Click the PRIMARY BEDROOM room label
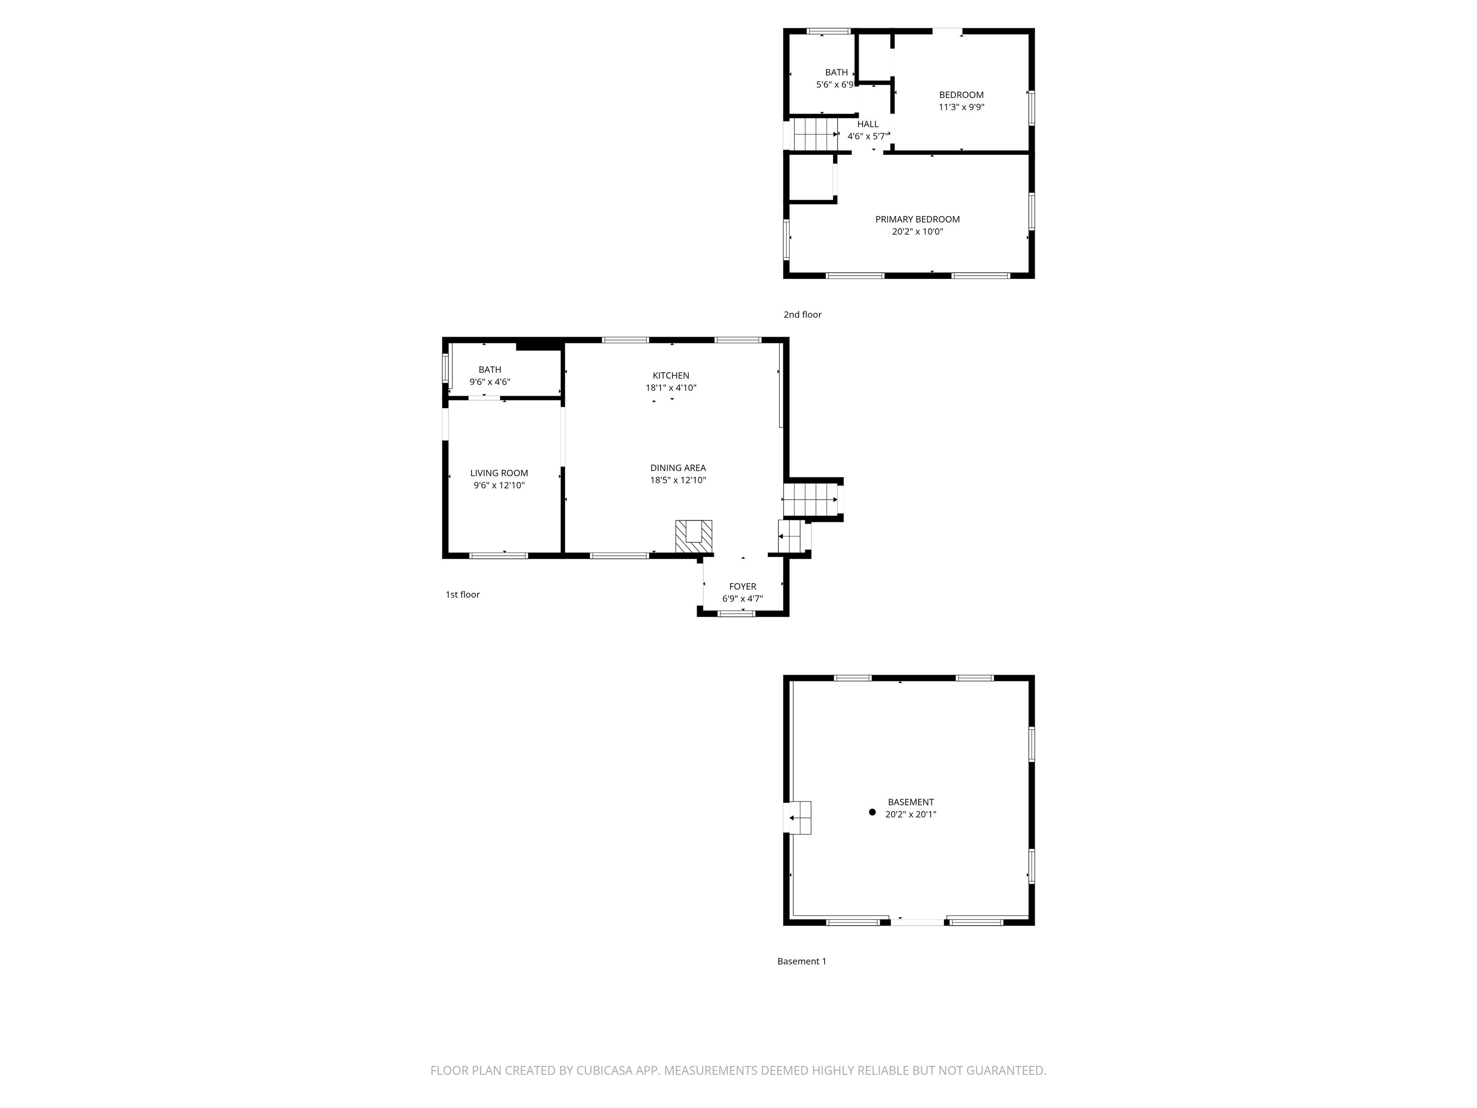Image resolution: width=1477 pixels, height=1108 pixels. [x=917, y=219]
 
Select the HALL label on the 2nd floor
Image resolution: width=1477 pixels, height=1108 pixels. [x=867, y=124]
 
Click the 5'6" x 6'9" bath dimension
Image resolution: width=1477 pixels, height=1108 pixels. [x=835, y=85]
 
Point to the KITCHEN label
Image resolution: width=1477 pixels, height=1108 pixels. [x=670, y=375]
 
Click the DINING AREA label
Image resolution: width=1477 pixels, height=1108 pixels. [x=678, y=467]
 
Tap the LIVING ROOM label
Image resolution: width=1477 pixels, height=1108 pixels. [x=499, y=473]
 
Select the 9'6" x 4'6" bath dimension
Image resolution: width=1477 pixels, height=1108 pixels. [x=489, y=382]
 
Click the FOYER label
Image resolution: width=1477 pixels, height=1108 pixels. [x=742, y=586]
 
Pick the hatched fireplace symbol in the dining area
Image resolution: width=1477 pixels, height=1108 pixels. [x=694, y=536]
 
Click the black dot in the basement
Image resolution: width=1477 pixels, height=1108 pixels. [x=871, y=812]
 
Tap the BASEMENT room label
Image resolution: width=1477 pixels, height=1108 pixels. [x=910, y=802]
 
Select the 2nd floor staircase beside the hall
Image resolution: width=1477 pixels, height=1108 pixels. [x=814, y=134]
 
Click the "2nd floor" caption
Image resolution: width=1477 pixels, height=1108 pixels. [x=802, y=315]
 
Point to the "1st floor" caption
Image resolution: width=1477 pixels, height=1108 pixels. [x=462, y=594]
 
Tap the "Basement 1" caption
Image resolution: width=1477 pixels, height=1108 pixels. [x=801, y=961]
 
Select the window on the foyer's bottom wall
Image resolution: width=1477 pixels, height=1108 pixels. [x=736, y=613]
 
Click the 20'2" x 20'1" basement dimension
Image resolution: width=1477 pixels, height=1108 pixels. [x=910, y=815]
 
